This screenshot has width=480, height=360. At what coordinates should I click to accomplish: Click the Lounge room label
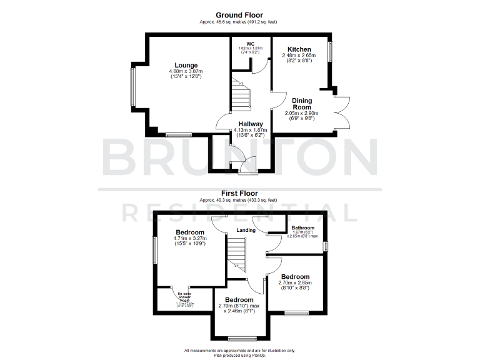[x=186, y=66]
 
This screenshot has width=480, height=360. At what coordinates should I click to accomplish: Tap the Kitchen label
[x=300, y=49]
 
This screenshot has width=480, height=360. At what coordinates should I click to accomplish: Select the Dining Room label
[x=301, y=104]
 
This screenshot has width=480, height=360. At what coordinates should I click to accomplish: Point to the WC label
[x=250, y=43]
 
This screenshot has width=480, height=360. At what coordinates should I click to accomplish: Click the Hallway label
[x=248, y=124]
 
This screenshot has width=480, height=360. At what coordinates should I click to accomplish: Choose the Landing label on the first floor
[x=246, y=230]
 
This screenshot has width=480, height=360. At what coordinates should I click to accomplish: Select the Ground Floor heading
[x=239, y=15]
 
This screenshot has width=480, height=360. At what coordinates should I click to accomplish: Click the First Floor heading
[x=239, y=194]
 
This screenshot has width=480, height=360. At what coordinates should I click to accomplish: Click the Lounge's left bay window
[x=132, y=86]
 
